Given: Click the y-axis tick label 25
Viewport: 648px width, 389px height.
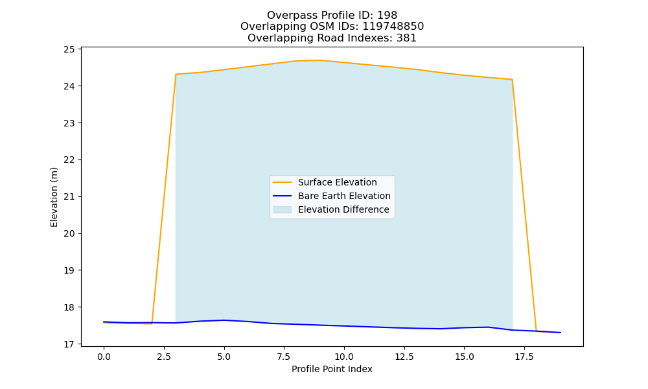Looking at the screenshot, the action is tap(69, 50).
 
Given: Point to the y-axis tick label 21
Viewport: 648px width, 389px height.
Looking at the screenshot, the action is tap(69, 197).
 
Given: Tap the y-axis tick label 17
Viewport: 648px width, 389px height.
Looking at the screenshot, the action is tap(69, 344).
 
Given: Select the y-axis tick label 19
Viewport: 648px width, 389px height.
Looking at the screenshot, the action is tap(69, 270).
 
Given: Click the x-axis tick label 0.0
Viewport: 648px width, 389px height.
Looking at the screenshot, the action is tap(104, 357).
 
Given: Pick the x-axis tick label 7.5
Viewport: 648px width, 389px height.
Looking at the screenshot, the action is tap(284, 357).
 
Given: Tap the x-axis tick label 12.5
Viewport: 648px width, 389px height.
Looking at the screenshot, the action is tap(404, 357).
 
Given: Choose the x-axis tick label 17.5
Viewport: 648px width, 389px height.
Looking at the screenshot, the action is tap(524, 357).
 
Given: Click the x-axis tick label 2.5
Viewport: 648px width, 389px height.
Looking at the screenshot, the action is tap(164, 357).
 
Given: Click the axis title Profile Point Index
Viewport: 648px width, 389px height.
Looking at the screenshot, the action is tap(332, 369).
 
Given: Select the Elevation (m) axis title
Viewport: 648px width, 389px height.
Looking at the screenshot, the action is tap(54, 197).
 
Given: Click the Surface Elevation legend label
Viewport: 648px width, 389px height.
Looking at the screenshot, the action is tap(337, 182).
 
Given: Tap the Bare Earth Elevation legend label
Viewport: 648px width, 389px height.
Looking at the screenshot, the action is tap(344, 196).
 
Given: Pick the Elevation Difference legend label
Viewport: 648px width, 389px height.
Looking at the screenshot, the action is tap(343, 209).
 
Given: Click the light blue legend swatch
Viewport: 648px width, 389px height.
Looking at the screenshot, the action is tap(283, 209).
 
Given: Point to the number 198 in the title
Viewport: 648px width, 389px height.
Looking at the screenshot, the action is tap(388, 16).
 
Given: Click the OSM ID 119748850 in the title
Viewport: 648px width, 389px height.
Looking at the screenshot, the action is tap(393, 27).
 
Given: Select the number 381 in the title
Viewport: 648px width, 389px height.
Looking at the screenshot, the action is tap(406, 38).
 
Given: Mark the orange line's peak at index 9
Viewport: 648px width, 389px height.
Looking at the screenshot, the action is tap(320, 60).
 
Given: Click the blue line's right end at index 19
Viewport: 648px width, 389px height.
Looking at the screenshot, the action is tap(561, 333).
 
